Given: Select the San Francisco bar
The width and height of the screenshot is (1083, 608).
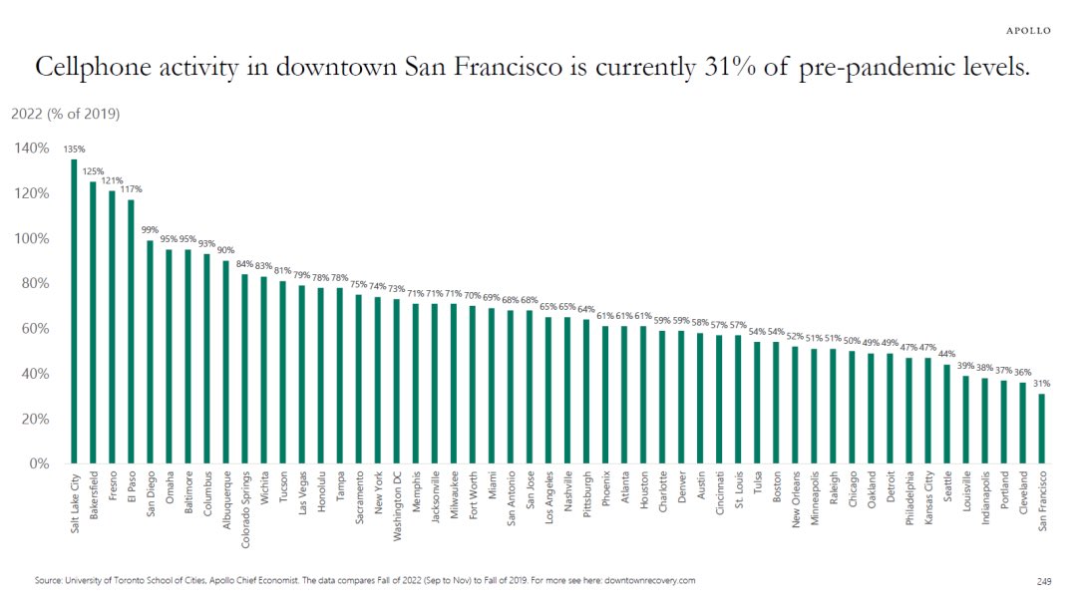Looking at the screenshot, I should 1042,429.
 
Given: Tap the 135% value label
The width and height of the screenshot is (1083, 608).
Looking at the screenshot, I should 74,150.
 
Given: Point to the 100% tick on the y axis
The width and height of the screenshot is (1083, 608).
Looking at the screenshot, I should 32,238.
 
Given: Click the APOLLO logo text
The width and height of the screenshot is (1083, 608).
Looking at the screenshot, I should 1027,31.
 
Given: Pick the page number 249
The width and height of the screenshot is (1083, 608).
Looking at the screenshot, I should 1044,580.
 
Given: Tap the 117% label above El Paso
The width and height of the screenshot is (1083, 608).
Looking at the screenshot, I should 131,189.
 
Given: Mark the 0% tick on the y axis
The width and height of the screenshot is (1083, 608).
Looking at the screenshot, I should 38,463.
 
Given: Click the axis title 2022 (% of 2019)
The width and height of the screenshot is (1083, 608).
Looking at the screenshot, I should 66,114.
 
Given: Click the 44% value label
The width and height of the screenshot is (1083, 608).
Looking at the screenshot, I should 946,355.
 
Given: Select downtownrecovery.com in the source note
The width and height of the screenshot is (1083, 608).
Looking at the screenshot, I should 644,580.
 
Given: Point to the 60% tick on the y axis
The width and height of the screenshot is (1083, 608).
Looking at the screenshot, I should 34,328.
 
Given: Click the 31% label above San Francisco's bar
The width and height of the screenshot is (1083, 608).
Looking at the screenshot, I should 1042,384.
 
